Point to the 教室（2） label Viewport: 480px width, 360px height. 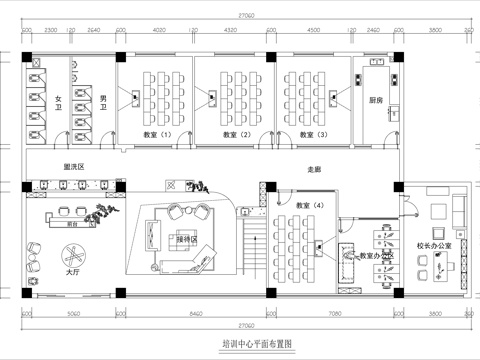(237, 134)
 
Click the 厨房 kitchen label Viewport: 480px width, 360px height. (376, 101)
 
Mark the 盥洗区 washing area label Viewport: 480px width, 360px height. (73, 167)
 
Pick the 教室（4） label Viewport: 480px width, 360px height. (311, 205)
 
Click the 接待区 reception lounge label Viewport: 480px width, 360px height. (187, 240)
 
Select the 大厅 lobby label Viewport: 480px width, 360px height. (72, 270)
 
